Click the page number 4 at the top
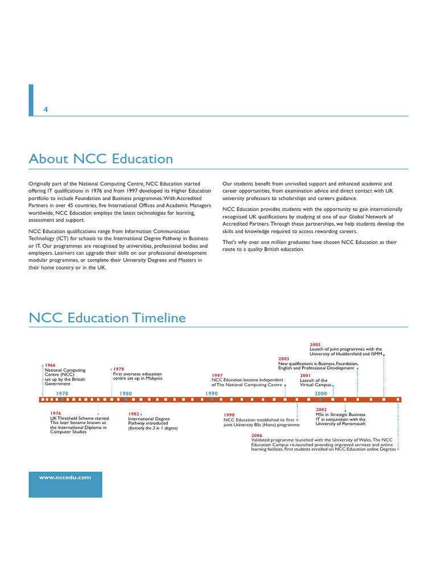click(46, 110)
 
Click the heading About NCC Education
click(101, 159)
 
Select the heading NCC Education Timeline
click(107, 318)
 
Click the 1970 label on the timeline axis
click(62, 393)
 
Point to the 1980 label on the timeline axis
click(125, 393)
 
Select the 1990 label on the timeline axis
click(212, 393)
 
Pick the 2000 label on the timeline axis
click(320, 393)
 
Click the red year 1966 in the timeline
click(50, 365)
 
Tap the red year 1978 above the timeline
click(118, 369)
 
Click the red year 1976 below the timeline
click(55, 413)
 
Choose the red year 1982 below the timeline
click(134, 414)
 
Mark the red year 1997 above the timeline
click(217, 376)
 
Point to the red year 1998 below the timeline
click(229, 415)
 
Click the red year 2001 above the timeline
click(305, 376)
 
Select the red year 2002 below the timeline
click(321, 409)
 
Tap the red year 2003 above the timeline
click(284, 359)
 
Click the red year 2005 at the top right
click(315, 344)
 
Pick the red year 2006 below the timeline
click(256, 435)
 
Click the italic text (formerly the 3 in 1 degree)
click(153, 428)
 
